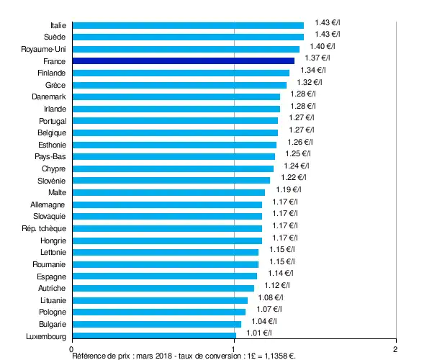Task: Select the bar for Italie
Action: (188, 25)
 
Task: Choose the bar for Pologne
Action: (159, 312)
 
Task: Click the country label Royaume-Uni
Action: (44, 49)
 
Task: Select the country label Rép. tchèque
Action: (44, 228)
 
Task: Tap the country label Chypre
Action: (53, 168)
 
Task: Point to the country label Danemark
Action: (49, 97)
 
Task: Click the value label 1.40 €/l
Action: (322, 46)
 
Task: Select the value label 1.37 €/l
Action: (317, 58)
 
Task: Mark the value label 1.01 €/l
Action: (258, 333)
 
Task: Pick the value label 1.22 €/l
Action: (293, 177)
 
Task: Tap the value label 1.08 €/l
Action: (271, 297)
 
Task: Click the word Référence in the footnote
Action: (90, 355)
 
